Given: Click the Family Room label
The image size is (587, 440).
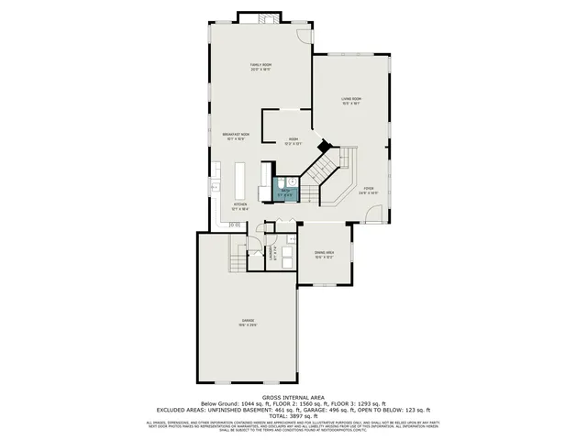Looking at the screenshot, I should click(x=261, y=66).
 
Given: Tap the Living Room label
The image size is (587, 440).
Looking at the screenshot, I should click(x=350, y=101).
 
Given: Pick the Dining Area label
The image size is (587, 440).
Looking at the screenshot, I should click(x=324, y=253).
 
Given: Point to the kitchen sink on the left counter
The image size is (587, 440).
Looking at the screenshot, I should click(x=215, y=187).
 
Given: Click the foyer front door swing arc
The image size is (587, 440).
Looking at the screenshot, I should click(x=373, y=214).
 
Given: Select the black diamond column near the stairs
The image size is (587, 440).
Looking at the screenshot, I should click(x=322, y=146).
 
